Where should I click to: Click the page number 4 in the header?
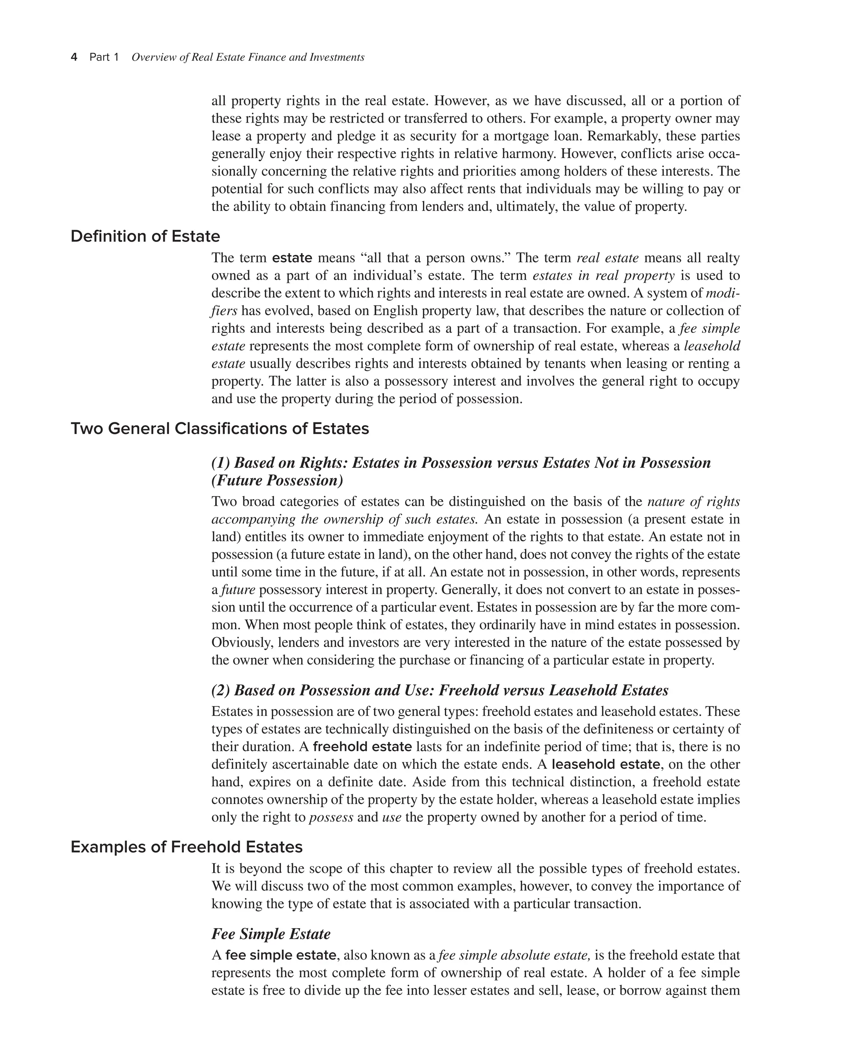[74, 57]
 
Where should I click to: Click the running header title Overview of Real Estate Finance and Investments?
[248, 57]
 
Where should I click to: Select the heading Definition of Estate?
[145, 236]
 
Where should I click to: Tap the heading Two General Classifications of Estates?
[220, 429]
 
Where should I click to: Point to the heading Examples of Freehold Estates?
[186, 847]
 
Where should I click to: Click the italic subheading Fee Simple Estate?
[271, 934]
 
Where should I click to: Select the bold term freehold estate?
[362, 747]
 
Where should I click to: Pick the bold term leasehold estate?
[606, 764]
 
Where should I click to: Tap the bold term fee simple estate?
[280, 955]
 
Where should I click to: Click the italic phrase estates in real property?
[603, 275]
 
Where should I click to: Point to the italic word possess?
[331, 817]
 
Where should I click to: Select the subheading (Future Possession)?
[277, 481]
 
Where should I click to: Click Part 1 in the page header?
[104, 57]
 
